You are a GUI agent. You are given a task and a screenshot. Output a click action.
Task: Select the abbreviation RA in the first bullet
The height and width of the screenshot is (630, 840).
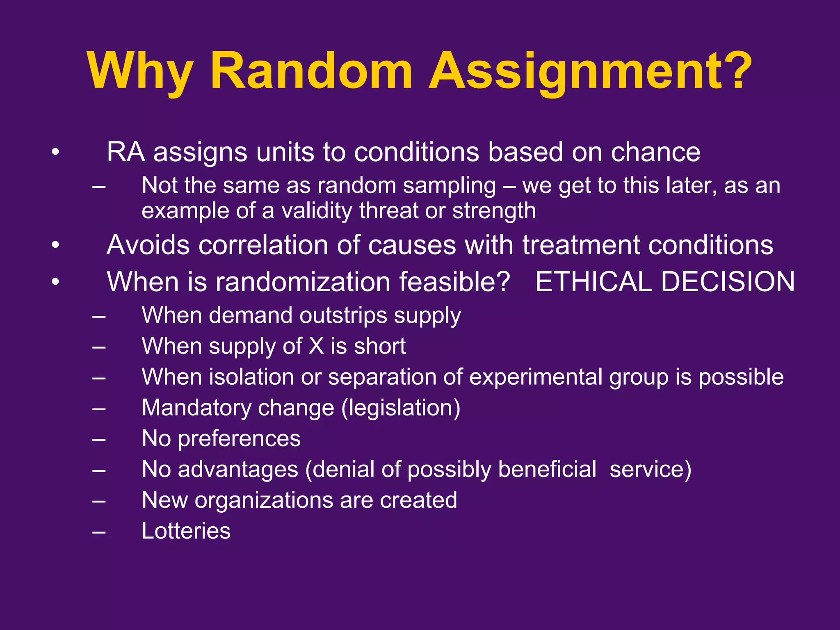(x=126, y=152)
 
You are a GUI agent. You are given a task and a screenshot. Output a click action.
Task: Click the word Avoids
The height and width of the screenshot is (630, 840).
(x=148, y=245)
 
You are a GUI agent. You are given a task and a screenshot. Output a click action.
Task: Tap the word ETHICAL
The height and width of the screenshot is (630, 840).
(x=593, y=282)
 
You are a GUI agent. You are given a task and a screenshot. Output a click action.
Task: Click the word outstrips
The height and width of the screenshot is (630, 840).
(x=343, y=316)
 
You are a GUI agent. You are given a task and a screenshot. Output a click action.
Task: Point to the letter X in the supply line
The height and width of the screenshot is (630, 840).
(x=316, y=346)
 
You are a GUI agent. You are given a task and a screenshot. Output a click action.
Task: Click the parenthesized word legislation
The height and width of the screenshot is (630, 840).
(x=401, y=408)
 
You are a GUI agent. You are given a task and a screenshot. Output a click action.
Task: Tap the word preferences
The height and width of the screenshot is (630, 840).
(x=239, y=439)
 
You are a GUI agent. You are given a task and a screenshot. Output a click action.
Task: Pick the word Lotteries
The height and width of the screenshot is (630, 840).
(x=186, y=531)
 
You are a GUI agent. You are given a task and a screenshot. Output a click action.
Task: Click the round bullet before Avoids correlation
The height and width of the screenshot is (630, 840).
(x=56, y=245)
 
